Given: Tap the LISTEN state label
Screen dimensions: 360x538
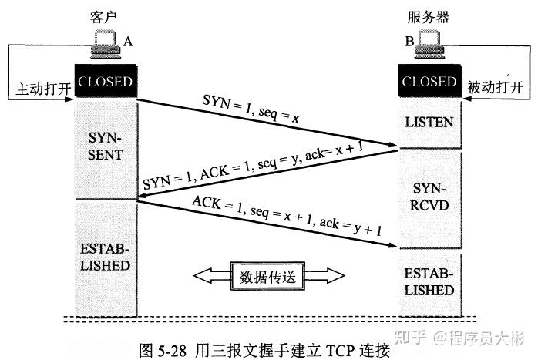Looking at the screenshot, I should (x=429, y=122).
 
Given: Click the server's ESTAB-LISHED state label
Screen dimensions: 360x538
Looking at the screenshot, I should (x=429, y=282).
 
